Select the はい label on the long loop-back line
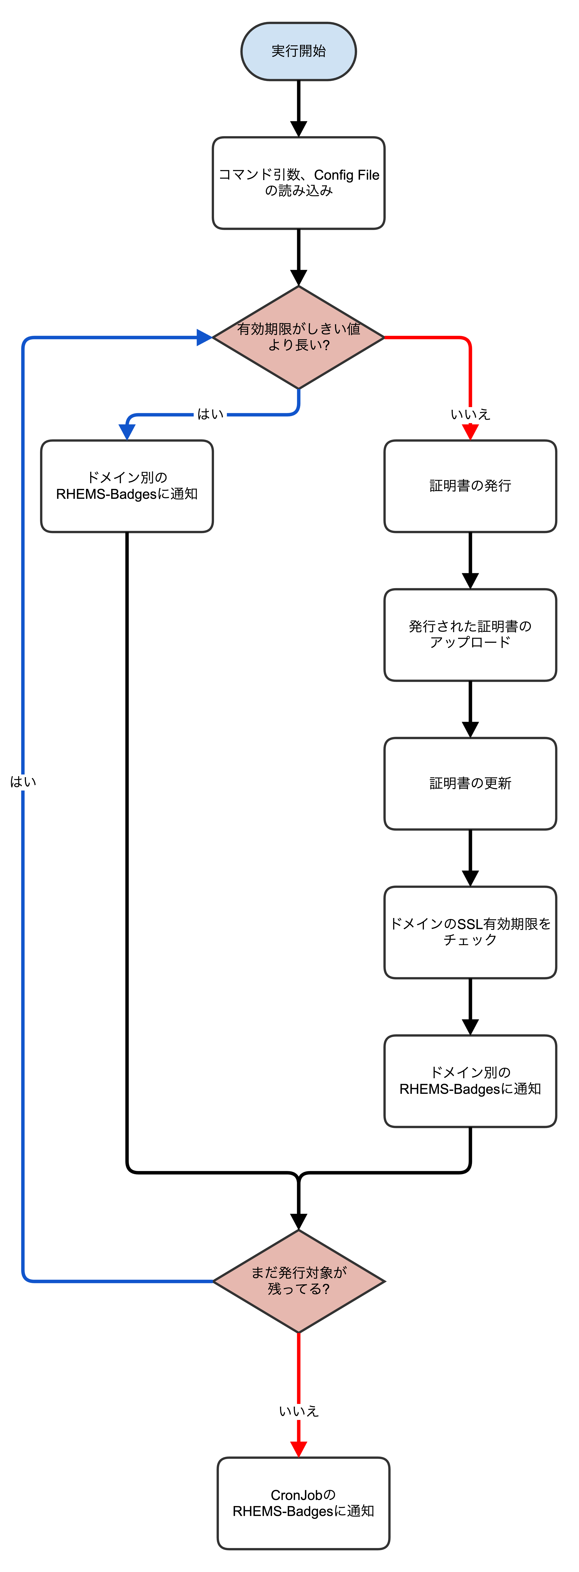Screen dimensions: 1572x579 pos(23,782)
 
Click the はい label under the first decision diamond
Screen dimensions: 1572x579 pos(210,414)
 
